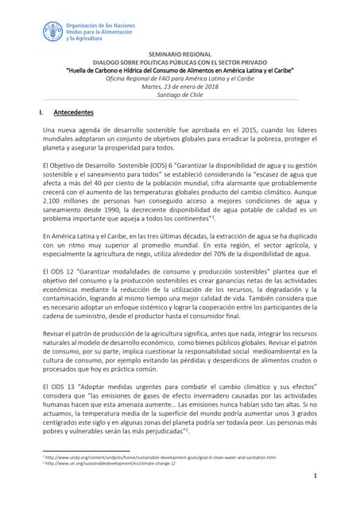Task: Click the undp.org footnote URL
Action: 172,457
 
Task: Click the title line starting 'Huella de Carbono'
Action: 180,70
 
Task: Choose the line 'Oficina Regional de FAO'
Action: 180,77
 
